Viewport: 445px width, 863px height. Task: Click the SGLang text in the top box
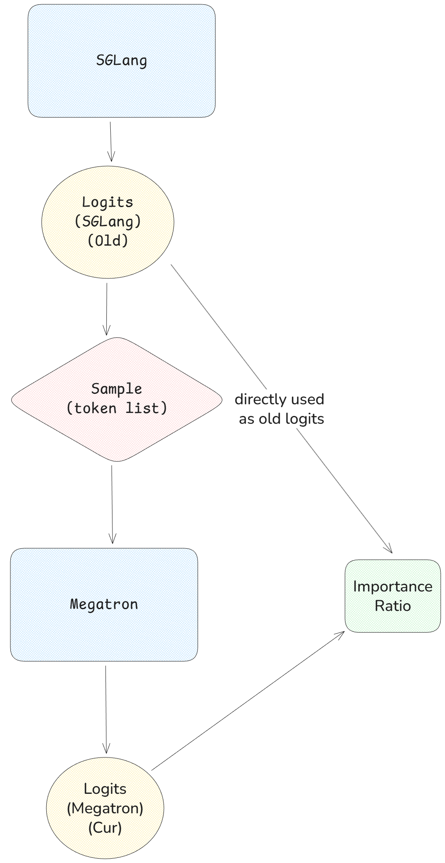[122, 61]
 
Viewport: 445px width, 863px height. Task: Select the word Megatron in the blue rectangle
[104, 604]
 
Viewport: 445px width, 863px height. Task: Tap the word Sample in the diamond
[116, 389]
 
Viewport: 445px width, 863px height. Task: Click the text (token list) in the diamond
[116, 408]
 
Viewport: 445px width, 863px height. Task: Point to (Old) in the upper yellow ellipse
[108, 240]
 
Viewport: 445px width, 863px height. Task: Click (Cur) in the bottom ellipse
[105, 828]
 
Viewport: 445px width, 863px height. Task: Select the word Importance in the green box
[392, 586]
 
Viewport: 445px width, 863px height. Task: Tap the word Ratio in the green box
[392, 606]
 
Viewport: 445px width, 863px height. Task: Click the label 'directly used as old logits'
[280, 409]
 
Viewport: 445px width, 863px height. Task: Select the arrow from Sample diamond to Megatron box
[112, 504]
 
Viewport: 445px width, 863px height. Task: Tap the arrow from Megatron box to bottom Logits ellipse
[106, 709]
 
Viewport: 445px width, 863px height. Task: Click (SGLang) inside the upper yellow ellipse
[108, 221]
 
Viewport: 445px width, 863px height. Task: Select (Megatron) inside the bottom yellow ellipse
[105, 808]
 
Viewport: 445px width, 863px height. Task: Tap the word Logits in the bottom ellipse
[105, 789]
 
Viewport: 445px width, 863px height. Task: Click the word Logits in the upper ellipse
[108, 202]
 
